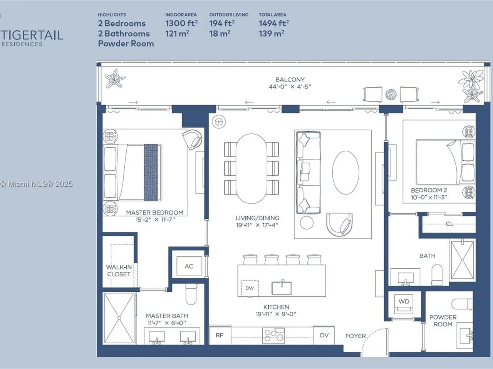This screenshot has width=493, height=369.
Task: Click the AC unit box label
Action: [189, 266]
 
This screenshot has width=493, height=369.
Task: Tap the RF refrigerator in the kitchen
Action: [220, 335]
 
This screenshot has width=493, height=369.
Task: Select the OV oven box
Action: [324, 335]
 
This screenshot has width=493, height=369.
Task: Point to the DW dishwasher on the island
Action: [250, 288]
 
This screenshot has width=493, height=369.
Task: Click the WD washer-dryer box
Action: [404, 303]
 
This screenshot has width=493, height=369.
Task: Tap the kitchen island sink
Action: [282, 288]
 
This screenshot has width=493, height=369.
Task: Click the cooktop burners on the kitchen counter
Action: [273, 336]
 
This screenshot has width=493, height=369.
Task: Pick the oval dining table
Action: [252, 168]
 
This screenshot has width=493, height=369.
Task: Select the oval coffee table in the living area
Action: [345, 173]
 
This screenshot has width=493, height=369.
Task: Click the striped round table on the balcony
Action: [391, 95]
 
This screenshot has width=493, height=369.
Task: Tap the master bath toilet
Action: [191, 294]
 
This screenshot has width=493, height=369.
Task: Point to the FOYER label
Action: [355, 336]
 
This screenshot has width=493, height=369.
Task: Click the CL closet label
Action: [449, 224]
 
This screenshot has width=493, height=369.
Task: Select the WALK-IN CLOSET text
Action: [119, 271]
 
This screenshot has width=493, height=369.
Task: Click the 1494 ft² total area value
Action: [274, 23]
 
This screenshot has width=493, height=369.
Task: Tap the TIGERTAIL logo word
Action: [32, 35]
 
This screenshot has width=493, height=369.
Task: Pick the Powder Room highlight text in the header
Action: [126, 43]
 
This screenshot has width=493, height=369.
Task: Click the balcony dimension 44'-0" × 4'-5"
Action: [290, 87]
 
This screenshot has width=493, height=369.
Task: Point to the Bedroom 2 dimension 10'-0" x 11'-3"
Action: [429, 198]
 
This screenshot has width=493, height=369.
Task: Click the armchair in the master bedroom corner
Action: [193, 140]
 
